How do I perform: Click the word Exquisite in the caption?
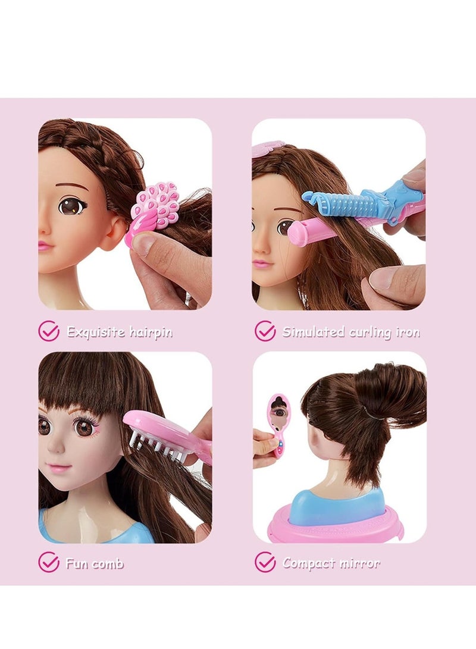pos(94,332)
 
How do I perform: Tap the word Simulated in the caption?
pos(313,332)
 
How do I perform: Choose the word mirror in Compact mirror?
pos(359,563)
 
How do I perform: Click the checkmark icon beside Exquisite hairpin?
pos(49,331)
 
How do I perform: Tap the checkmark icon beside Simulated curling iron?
pos(265,331)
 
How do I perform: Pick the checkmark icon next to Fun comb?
pos(49,562)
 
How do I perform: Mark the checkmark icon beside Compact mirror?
pos(265,562)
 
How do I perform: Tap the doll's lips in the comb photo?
pos(59,468)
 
